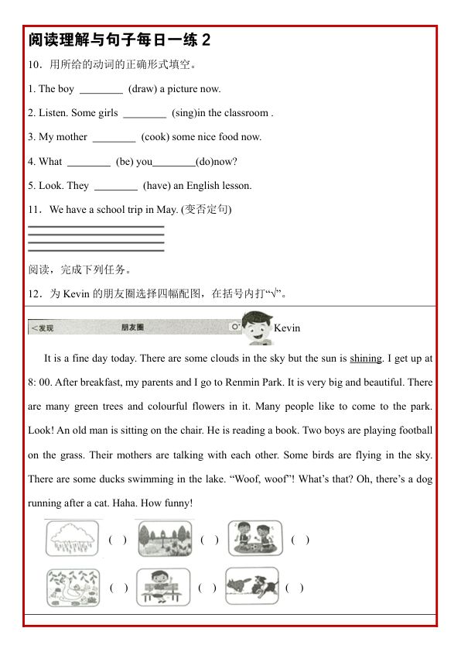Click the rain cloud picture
point(72,537)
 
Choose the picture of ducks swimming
point(73,587)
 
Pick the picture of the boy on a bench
point(163,587)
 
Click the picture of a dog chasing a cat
point(251,586)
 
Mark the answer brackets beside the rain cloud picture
point(118,540)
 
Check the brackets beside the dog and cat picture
point(295,588)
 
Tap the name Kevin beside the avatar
point(287,328)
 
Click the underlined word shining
point(366,359)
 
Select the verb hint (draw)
point(142,89)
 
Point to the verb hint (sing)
point(183,113)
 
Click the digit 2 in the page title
point(206,39)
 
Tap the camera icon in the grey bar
point(234,328)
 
